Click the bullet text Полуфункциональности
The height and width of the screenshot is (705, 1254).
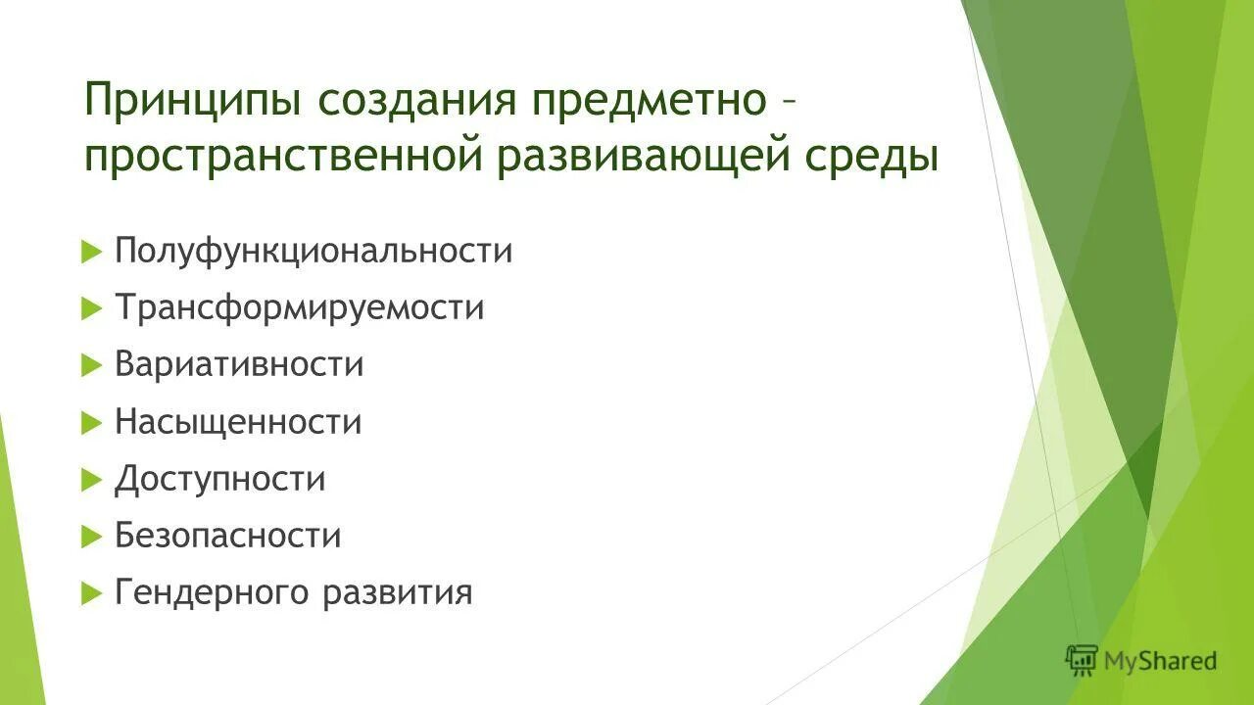[x=313, y=251]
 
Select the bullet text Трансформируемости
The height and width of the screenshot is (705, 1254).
[x=300, y=307]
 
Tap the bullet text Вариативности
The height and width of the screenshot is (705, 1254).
[x=239, y=365]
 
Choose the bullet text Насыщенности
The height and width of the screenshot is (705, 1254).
[x=238, y=422]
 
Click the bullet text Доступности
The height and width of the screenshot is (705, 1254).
[x=220, y=479]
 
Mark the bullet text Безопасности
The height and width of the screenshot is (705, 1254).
[x=228, y=536]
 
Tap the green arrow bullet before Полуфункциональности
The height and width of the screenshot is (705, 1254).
[x=91, y=252]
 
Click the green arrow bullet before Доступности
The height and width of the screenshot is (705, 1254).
[x=91, y=480]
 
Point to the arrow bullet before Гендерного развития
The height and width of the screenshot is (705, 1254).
[x=91, y=593]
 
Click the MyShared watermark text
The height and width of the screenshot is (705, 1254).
[x=1160, y=661]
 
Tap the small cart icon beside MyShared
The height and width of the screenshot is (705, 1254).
[x=1082, y=660]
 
